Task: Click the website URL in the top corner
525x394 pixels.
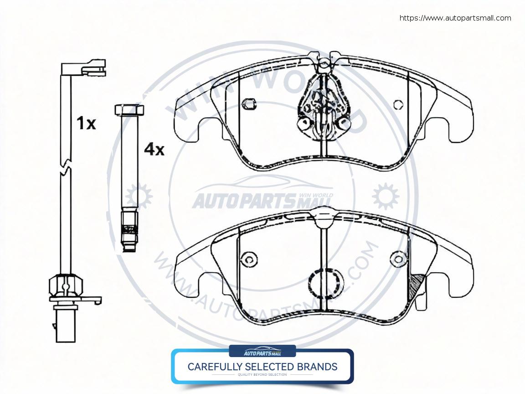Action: [x=455, y=18]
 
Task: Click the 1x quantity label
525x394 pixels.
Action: [x=86, y=123]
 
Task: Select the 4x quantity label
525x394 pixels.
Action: [x=154, y=149]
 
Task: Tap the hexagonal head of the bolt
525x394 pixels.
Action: [x=129, y=110]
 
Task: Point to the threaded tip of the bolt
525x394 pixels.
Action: [x=129, y=235]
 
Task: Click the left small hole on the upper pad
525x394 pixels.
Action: [x=249, y=104]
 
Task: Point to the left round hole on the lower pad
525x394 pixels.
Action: [x=249, y=259]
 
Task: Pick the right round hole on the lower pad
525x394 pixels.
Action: [x=399, y=259]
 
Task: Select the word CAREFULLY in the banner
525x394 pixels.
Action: [x=214, y=367]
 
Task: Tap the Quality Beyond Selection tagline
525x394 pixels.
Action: [x=262, y=375]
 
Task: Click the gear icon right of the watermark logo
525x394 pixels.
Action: [x=385, y=197]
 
